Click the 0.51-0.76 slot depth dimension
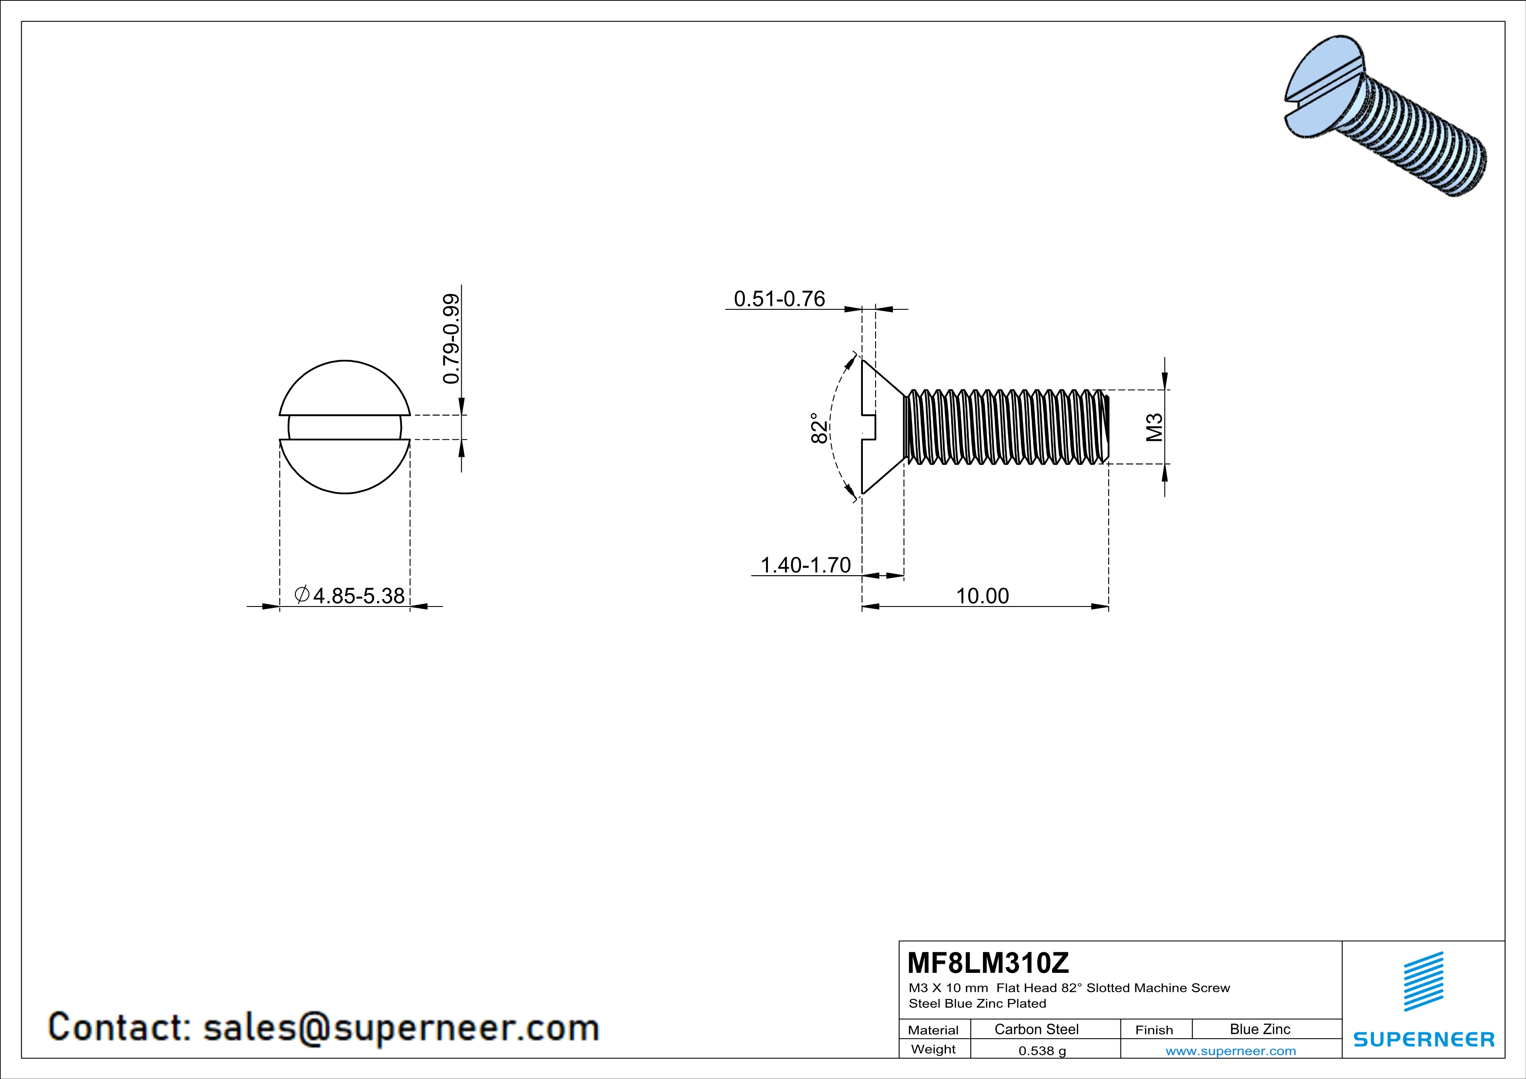pyautogui.click(x=779, y=299)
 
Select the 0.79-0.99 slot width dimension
pyautogui.click(x=451, y=339)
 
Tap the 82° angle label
pyautogui.click(x=819, y=429)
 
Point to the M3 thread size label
pyautogui.click(x=1154, y=427)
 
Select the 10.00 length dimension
pyautogui.click(x=982, y=596)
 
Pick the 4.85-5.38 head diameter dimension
pyautogui.click(x=358, y=596)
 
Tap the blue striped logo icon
pyautogui.click(x=1423, y=982)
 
